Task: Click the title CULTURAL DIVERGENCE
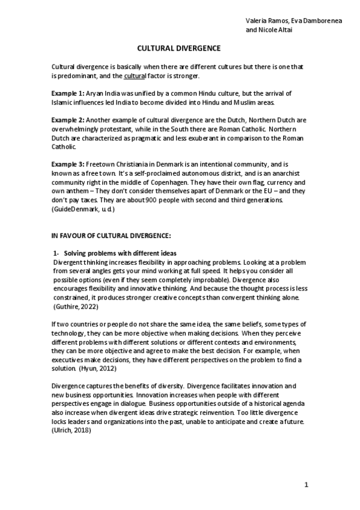[x=180, y=48]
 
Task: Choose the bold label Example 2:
[x=68, y=120]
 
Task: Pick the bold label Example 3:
[x=68, y=155]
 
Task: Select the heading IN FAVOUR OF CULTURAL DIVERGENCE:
[x=103, y=235]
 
